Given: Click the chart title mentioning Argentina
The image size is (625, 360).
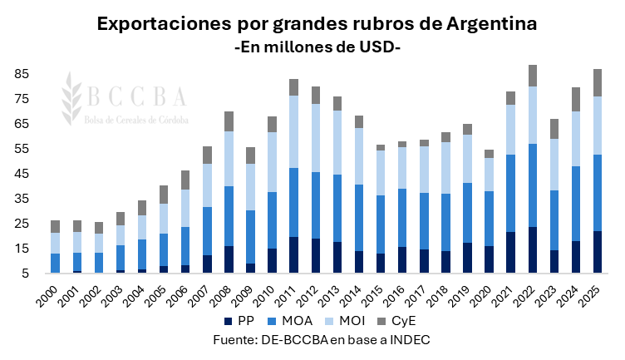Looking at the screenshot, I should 317,23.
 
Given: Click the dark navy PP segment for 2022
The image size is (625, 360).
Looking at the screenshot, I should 532,249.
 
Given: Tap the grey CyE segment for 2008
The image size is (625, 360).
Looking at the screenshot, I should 228,121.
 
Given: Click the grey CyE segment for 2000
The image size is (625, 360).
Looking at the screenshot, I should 55,226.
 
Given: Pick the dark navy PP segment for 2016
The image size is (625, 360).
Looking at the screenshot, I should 402,259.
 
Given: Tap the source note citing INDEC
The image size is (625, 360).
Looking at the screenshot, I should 317,341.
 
